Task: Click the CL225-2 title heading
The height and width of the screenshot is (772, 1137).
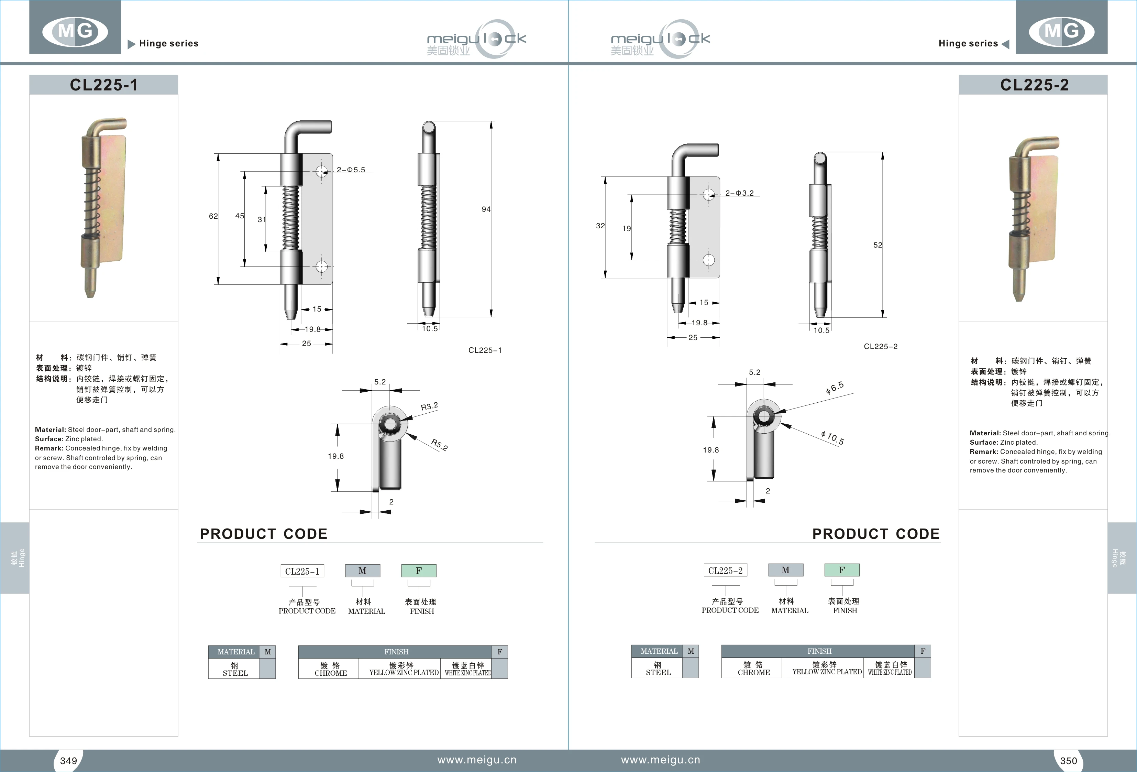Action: click(x=1034, y=85)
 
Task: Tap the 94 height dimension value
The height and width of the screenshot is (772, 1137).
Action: click(x=485, y=209)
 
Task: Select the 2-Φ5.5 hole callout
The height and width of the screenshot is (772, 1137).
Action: click(x=351, y=170)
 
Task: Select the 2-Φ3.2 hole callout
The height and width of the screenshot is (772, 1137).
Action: click(x=739, y=193)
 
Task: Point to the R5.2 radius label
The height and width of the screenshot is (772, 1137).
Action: click(x=439, y=445)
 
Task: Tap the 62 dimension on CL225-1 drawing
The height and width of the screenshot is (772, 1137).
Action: click(x=213, y=216)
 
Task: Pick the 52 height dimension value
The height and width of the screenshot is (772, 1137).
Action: click(x=878, y=245)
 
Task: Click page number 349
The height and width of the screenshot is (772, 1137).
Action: click(x=68, y=760)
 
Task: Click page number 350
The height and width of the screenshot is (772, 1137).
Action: click(x=1069, y=760)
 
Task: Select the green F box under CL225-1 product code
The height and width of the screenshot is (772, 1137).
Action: click(x=419, y=571)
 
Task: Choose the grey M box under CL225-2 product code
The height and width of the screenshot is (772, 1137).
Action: click(x=785, y=570)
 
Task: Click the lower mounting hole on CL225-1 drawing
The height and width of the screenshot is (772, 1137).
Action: click(x=321, y=267)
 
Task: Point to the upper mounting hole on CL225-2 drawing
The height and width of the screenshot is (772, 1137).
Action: click(x=708, y=195)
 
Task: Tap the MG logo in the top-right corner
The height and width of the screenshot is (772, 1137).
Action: click(x=1061, y=31)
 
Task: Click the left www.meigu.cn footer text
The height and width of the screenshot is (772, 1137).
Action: click(x=476, y=760)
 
